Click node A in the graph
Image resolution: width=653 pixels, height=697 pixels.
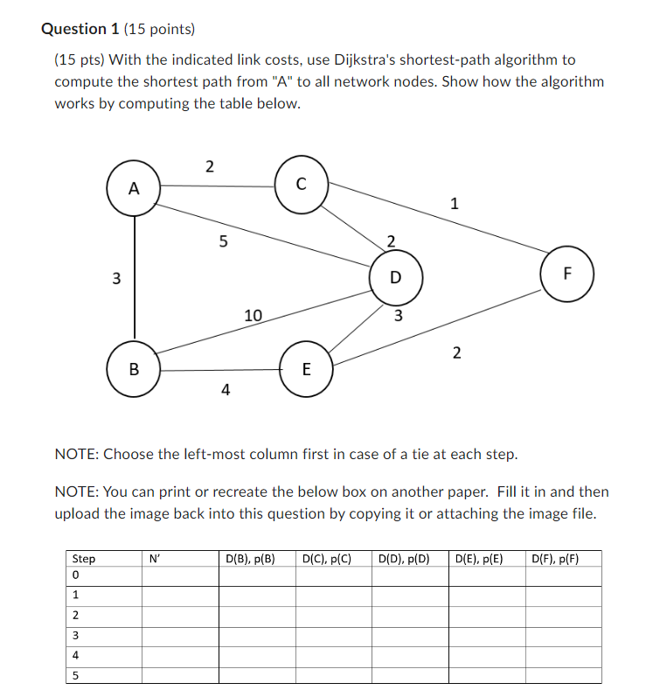click(133, 188)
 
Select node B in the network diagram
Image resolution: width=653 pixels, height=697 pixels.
click(133, 368)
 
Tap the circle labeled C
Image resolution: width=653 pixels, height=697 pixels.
click(301, 184)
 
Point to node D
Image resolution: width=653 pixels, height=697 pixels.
click(395, 277)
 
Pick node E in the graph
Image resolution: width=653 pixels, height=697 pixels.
click(305, 369)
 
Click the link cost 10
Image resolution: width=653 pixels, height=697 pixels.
click(253, 315)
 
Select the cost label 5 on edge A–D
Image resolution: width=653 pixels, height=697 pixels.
click(223, 242)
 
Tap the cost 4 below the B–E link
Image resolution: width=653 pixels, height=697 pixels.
click(226, 390)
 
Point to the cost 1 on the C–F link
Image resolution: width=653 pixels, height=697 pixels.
click(454, 205)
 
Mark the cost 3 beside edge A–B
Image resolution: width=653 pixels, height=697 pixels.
click(115, 279)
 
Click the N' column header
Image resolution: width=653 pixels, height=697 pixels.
click(155, 558)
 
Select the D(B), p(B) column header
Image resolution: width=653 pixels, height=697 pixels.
click(250, 558)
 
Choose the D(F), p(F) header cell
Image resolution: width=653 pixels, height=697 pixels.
click(554, 558)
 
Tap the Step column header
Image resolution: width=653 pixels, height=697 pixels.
click(84, 558)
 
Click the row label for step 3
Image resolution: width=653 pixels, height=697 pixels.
click(76, 636)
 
